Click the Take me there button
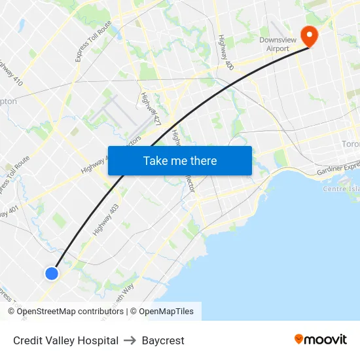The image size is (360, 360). coord(180,160)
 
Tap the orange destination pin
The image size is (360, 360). coord(307,35)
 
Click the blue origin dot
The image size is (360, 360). coord(52,273)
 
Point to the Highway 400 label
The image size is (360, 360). coord(225,52)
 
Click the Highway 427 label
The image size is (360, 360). coord(151,108)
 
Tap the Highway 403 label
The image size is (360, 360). coord(106,220)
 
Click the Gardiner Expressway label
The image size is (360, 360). coord(338,170)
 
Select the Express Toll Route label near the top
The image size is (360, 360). coord(94,41)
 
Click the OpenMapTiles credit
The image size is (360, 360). coord(166,312)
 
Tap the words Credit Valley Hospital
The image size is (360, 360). coord(65,340)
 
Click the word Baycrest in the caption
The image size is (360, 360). coord(163,340)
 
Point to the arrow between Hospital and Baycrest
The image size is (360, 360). coord(130,340)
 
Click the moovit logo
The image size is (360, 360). coord(321,339)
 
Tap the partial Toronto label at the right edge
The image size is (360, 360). coord(351,144)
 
